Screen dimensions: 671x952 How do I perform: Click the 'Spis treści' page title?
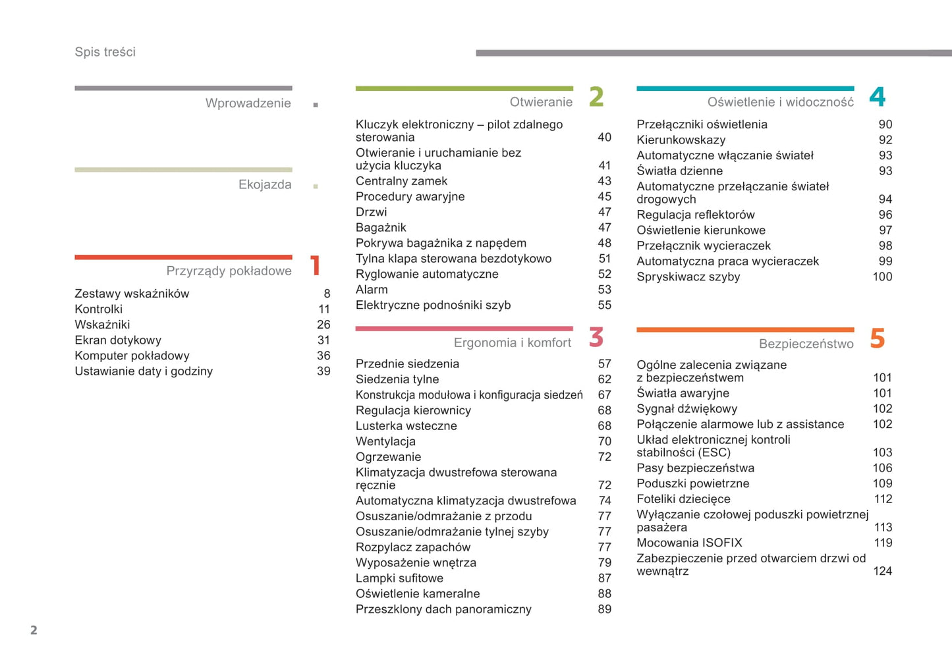point(105,52)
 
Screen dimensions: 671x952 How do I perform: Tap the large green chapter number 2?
point(596,97)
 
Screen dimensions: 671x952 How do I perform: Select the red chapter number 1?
point(316,265)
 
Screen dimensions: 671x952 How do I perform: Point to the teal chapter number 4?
point(877,97)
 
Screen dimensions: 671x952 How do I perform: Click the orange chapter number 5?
point(877,338)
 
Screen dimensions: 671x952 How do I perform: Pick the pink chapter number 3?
point(596,337)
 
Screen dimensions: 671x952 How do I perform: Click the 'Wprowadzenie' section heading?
point(248,103)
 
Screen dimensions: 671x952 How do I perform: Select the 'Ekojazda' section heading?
point(265,185)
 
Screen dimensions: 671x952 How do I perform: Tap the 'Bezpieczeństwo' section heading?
point(806,344)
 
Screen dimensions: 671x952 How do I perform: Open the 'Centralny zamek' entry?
point(401,181)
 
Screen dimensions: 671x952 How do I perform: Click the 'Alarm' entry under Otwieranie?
point(372,290)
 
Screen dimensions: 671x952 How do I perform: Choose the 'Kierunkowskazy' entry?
point(681,140)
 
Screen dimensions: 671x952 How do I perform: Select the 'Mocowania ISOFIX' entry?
point(689,543)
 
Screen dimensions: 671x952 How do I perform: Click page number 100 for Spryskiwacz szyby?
point(882,277)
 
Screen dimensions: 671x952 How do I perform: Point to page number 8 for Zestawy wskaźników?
point(327,294)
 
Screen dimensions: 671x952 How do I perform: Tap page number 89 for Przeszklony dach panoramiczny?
point(604,610)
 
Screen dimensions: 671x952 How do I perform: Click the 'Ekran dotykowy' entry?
point(118,340)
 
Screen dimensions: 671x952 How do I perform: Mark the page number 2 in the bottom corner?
point(34,630)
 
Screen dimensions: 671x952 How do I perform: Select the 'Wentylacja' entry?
point(385,442)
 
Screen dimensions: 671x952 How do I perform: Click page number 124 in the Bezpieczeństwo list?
point(882,572)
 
